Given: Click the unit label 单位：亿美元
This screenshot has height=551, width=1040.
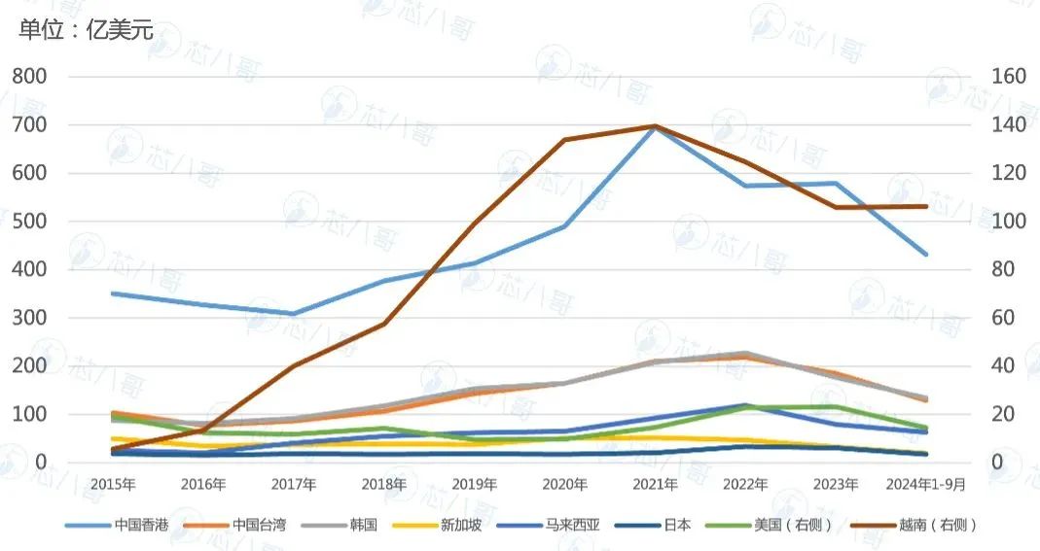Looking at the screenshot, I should (87, 29).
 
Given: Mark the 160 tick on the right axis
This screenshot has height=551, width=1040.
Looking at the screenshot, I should (1009, 76).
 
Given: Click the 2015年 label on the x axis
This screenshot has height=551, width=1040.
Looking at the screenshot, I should (114, 484).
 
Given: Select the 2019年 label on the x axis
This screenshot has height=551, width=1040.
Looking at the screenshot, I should (475, 484).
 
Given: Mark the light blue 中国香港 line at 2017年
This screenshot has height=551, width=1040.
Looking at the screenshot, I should (294, 314).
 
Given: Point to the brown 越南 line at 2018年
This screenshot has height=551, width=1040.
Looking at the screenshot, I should (384, 324).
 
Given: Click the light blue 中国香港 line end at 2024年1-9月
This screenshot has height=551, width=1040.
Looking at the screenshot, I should (926, 255).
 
